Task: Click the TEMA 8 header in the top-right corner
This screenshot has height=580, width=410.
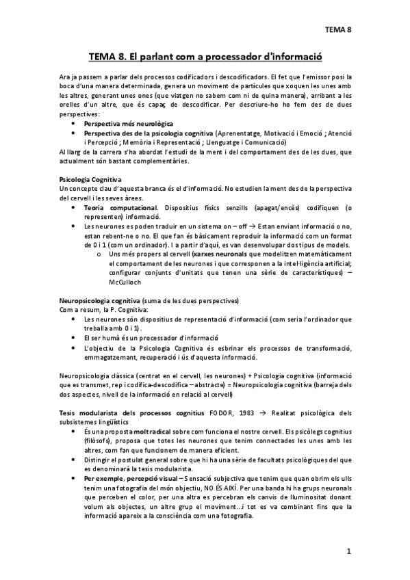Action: click(337, 29)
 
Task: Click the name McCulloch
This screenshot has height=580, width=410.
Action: click(125, 280)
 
